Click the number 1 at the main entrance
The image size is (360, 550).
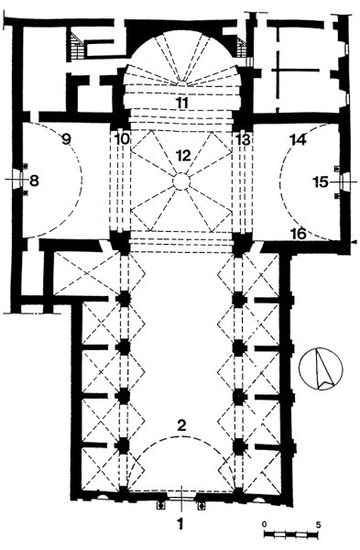coord(180,524)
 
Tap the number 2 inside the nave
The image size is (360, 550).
coord(181,425)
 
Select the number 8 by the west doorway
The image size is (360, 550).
coord(34,181)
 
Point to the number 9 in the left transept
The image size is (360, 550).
coord(66,139)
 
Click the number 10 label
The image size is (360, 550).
coord(122,139)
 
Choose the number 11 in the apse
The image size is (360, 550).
coord(182,103)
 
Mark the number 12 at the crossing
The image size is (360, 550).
coord(183,155)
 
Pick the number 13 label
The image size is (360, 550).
coord(244,139)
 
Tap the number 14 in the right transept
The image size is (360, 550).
coord(299,139)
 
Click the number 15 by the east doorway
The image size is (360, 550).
coord(321,182)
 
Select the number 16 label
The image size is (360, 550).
coord(299,233)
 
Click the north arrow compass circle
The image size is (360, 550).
coord(321,369)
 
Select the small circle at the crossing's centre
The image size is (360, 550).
coord(181,181)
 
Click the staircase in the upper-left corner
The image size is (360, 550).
coord(77,46)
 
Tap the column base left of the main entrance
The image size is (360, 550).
coord(161,505)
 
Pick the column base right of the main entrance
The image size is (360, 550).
coord(202,505)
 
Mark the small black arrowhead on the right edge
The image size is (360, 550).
coord(355,242)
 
